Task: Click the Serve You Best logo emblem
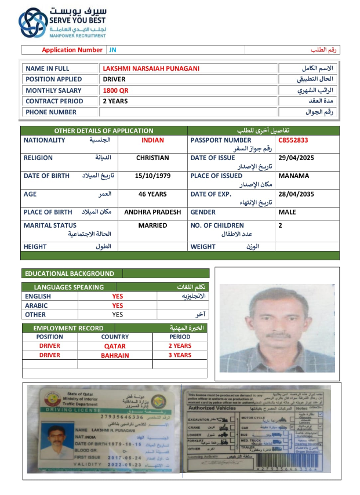point(32,23)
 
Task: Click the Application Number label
point(72,50)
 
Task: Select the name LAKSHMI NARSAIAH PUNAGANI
point(151,68)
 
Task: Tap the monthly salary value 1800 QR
point(115,90)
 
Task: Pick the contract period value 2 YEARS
point(115,101)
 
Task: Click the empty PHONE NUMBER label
point(51,112)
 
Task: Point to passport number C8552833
point(293,140)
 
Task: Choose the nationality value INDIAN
point(152,140)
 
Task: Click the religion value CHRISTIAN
point(152,158)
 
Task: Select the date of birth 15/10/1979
point(152,176)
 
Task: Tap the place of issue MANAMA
point(293,176)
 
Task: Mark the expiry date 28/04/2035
point(296,194)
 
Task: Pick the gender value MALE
point(287,212)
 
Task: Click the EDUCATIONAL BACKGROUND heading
point(69,274)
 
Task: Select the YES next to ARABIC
point(118,305)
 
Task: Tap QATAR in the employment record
point(115,346)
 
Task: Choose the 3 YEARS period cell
point(180,355)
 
